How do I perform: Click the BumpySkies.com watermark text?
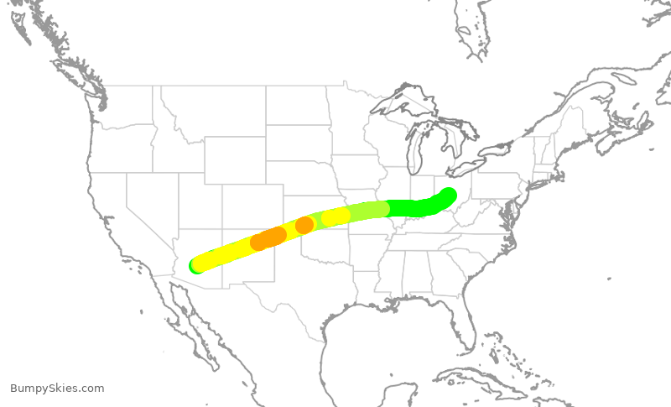click(x=57, y=389)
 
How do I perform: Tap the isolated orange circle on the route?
click(x=304, y=225)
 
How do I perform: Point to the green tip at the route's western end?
click(x=195, y=267)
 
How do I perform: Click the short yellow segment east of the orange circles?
click(x=335, y=217)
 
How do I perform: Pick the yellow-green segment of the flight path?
click(x=369, y=210)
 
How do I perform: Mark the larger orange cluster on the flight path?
click(x=268, y=238)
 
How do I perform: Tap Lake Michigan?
click(x=416, y=155)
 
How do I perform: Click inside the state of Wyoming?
click(x=234, y=159)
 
